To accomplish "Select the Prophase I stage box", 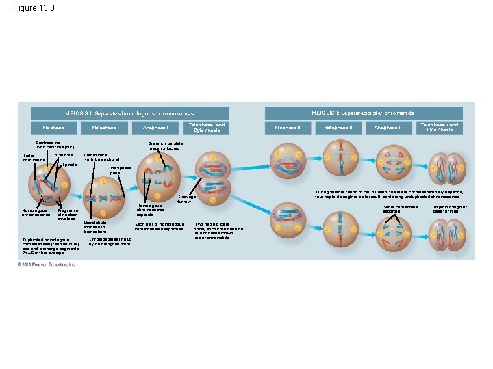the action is coord(55,128).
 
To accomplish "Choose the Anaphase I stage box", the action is coord(155,128).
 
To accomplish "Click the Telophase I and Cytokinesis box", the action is coord(207,127).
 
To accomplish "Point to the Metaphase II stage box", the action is coord(338,128).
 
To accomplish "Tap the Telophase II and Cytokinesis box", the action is coord(440,127).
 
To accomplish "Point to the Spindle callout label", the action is coord(68,165).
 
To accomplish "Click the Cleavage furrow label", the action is coord(187,200).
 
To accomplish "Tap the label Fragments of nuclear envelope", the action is coord(68,215).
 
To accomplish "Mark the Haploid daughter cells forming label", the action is coord(450,208).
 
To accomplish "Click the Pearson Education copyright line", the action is coord(47,264).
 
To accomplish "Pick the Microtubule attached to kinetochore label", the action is coord(94,228).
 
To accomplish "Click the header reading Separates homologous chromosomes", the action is coord(130,113).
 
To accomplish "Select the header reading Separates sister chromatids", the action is coord(363,113).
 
